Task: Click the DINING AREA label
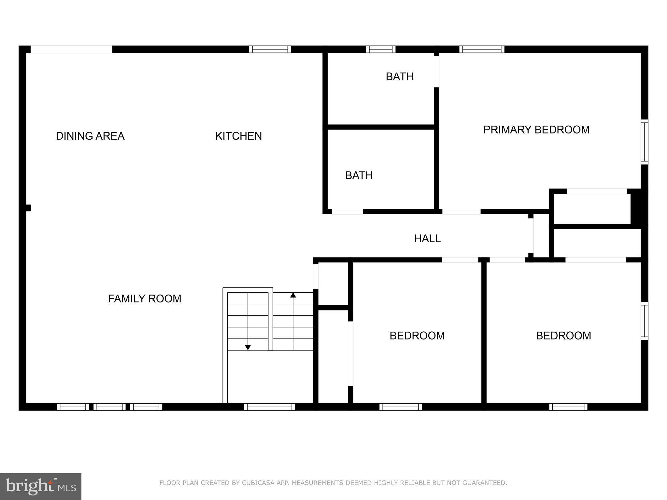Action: point(90,136)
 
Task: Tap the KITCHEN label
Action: point(238,136)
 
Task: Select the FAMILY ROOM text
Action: point(145,299)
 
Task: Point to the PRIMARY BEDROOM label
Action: point(536,130)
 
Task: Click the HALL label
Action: point(427,239)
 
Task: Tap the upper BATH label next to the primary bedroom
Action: point(400,76)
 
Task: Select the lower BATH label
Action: point(359,175)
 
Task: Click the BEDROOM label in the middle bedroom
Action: point(417,336)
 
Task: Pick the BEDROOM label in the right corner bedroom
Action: point(563,336)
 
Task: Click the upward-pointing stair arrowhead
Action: point(293,295)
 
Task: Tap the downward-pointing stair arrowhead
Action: point(248,348)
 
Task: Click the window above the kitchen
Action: point(270,49)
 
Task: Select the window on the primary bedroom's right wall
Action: point(644,142)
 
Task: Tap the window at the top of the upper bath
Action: point(380,49)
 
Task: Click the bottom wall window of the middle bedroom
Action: point(400,407)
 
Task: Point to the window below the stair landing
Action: point(269,407)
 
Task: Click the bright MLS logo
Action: point(41,486)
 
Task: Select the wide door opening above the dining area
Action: point(71,49)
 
